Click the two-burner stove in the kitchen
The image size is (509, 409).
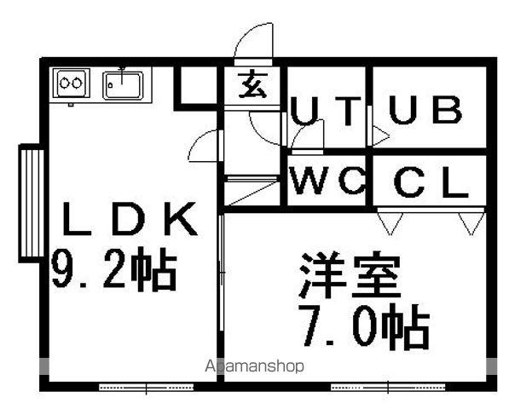(x=72, y=83)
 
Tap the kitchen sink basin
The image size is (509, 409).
(x=123, y=85)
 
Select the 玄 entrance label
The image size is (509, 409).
(x=252, y=84)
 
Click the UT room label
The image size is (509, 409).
(x=326, y=111)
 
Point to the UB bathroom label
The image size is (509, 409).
(x=425, y=110)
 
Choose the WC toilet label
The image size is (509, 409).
(x=327, y=181)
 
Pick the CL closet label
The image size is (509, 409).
(x=431, y=182)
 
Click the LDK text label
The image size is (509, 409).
(x=130, y=218)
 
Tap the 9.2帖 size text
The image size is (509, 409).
(x=114, y=269)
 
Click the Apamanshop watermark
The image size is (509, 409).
(x=254, y=366)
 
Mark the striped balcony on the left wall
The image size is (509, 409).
(x=32, y=204)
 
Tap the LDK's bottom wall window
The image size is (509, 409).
(x=147, y=387)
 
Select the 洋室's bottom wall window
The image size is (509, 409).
(x=388, y=387)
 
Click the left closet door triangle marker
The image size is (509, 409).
(x=390, y=223)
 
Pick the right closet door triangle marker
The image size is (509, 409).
(x=471, y=223)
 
